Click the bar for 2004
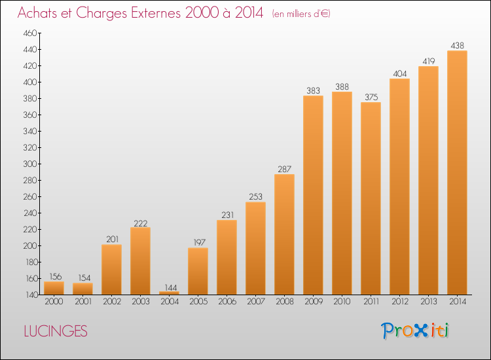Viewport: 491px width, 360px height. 169,293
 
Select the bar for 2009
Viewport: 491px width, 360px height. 313,195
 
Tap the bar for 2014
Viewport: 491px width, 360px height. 457,173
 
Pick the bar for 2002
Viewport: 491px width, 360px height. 111,270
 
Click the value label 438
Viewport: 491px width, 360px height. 457,46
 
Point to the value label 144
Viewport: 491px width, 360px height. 171,287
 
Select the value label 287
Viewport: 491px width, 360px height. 284,170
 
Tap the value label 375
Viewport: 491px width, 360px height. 371,98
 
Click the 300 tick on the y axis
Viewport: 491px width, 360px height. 29,164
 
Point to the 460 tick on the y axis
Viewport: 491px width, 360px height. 29,33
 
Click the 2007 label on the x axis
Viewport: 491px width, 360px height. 256,302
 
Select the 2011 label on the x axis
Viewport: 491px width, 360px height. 371,302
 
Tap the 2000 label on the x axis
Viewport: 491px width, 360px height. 54,302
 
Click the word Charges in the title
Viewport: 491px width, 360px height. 101,13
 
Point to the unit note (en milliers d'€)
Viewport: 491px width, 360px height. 301,14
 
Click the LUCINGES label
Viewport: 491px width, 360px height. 56,331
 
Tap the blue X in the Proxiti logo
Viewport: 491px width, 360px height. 420,331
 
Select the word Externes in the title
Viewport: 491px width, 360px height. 156,13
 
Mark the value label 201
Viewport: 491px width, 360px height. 112,240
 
